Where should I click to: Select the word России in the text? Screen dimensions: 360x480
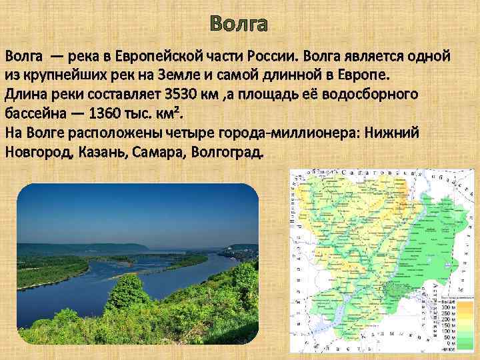tap(293, 54)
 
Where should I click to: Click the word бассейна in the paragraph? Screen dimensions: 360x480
tap(31, 112)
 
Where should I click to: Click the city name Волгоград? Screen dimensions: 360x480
tap(227, 151)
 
